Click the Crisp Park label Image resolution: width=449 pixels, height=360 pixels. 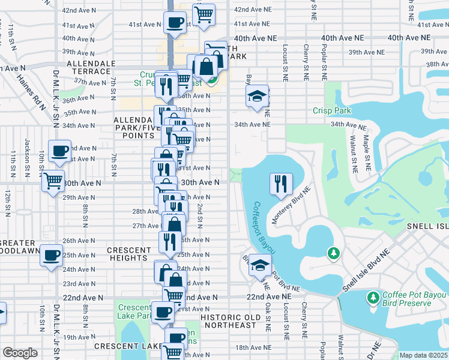pos(331,110)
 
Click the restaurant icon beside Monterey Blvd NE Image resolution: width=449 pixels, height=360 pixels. pos(280,184)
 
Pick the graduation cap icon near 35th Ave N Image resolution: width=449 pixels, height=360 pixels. pos(256,97)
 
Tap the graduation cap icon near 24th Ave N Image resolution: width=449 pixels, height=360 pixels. pos(260,265)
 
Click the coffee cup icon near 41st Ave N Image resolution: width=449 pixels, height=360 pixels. pos(175,23)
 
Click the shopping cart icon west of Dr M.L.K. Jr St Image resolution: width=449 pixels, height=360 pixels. pos(53,180)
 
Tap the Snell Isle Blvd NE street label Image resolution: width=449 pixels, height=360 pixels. pos(365,270)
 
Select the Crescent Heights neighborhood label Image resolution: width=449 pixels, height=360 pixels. pos(129,254)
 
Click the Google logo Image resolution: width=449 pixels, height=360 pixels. pos(20,353)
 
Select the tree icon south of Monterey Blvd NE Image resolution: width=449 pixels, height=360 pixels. pos(332,253)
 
